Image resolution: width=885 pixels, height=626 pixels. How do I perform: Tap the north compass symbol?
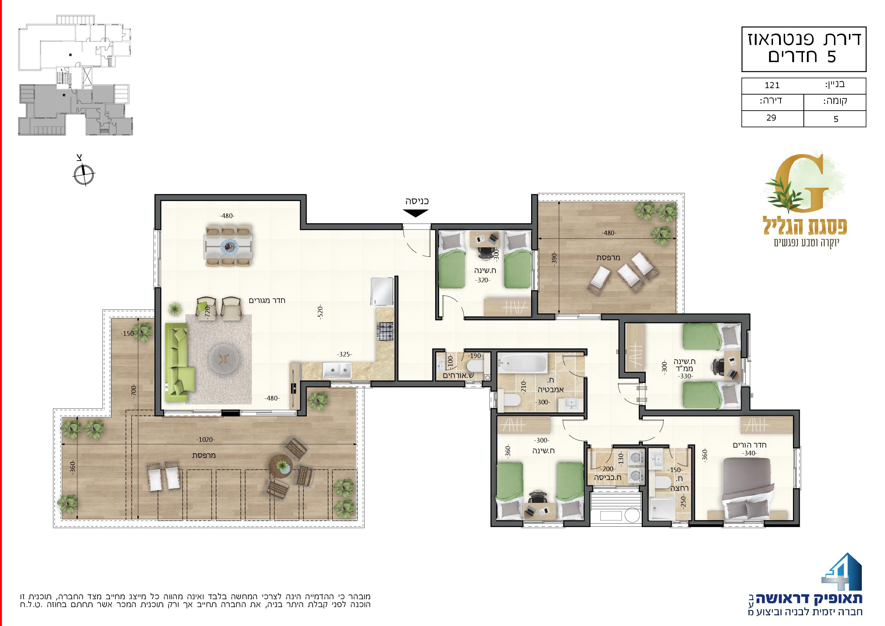point(83,174)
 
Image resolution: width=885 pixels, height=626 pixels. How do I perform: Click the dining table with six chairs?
point(229,246)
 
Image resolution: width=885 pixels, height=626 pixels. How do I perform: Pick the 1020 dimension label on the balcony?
point(206,440)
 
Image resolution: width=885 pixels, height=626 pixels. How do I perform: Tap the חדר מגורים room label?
point(267,300)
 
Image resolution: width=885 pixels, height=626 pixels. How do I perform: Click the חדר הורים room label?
point(749,445)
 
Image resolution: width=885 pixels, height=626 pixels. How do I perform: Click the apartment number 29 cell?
point(771,118)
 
